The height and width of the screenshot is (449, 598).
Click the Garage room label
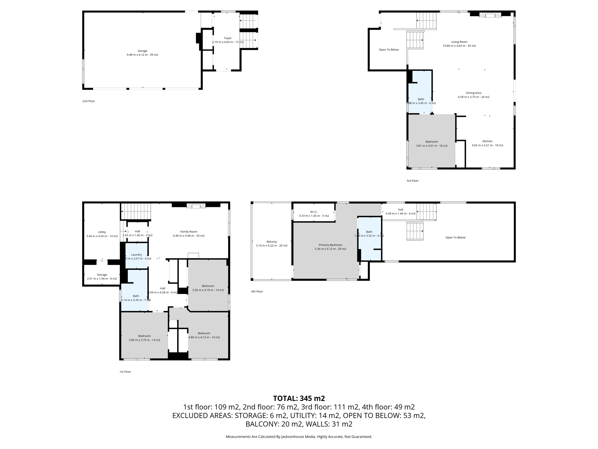(142, 51)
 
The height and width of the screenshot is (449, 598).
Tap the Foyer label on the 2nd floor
(228, 38)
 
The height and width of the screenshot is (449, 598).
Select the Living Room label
(459, 42)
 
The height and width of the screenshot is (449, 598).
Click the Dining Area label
(473, 93)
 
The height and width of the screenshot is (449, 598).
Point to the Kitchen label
(487, 141)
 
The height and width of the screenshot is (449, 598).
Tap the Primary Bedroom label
(330, 245)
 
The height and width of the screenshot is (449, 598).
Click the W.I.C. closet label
(314, 212)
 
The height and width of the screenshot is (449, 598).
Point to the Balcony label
(272, 242)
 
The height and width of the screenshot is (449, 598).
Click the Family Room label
(189, 232)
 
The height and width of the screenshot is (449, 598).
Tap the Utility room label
(102, 232)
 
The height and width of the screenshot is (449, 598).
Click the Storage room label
(102, 275)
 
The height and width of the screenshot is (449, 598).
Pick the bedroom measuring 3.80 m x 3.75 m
(144, 336)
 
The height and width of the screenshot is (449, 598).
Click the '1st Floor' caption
(125, 372)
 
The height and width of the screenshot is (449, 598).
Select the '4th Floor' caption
(257, 291)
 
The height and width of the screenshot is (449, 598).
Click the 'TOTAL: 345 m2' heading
(299, 398)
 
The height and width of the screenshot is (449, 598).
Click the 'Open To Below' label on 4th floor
(455, 238)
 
